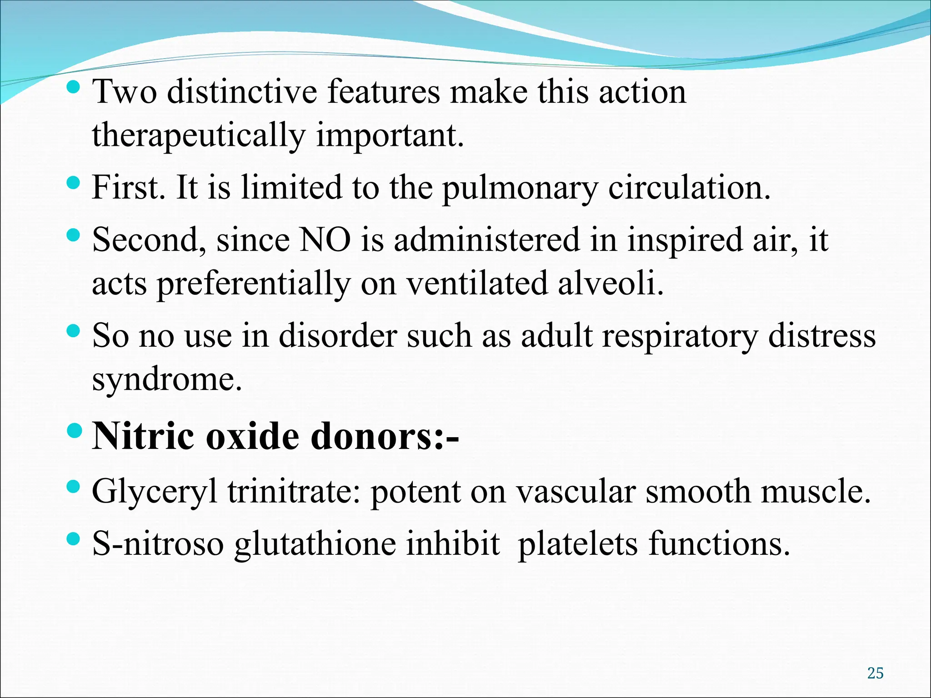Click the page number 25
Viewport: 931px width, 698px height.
pos(875,673)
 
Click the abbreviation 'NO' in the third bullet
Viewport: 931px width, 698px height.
pos(325,239)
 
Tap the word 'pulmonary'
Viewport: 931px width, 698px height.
pos(520,189)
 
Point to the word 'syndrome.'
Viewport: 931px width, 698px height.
pos(167,380)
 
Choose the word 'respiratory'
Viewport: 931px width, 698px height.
pos(680,336)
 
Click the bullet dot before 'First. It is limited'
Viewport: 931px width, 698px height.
pos(73,184)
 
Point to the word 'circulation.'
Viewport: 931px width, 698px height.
pos(689,188)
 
